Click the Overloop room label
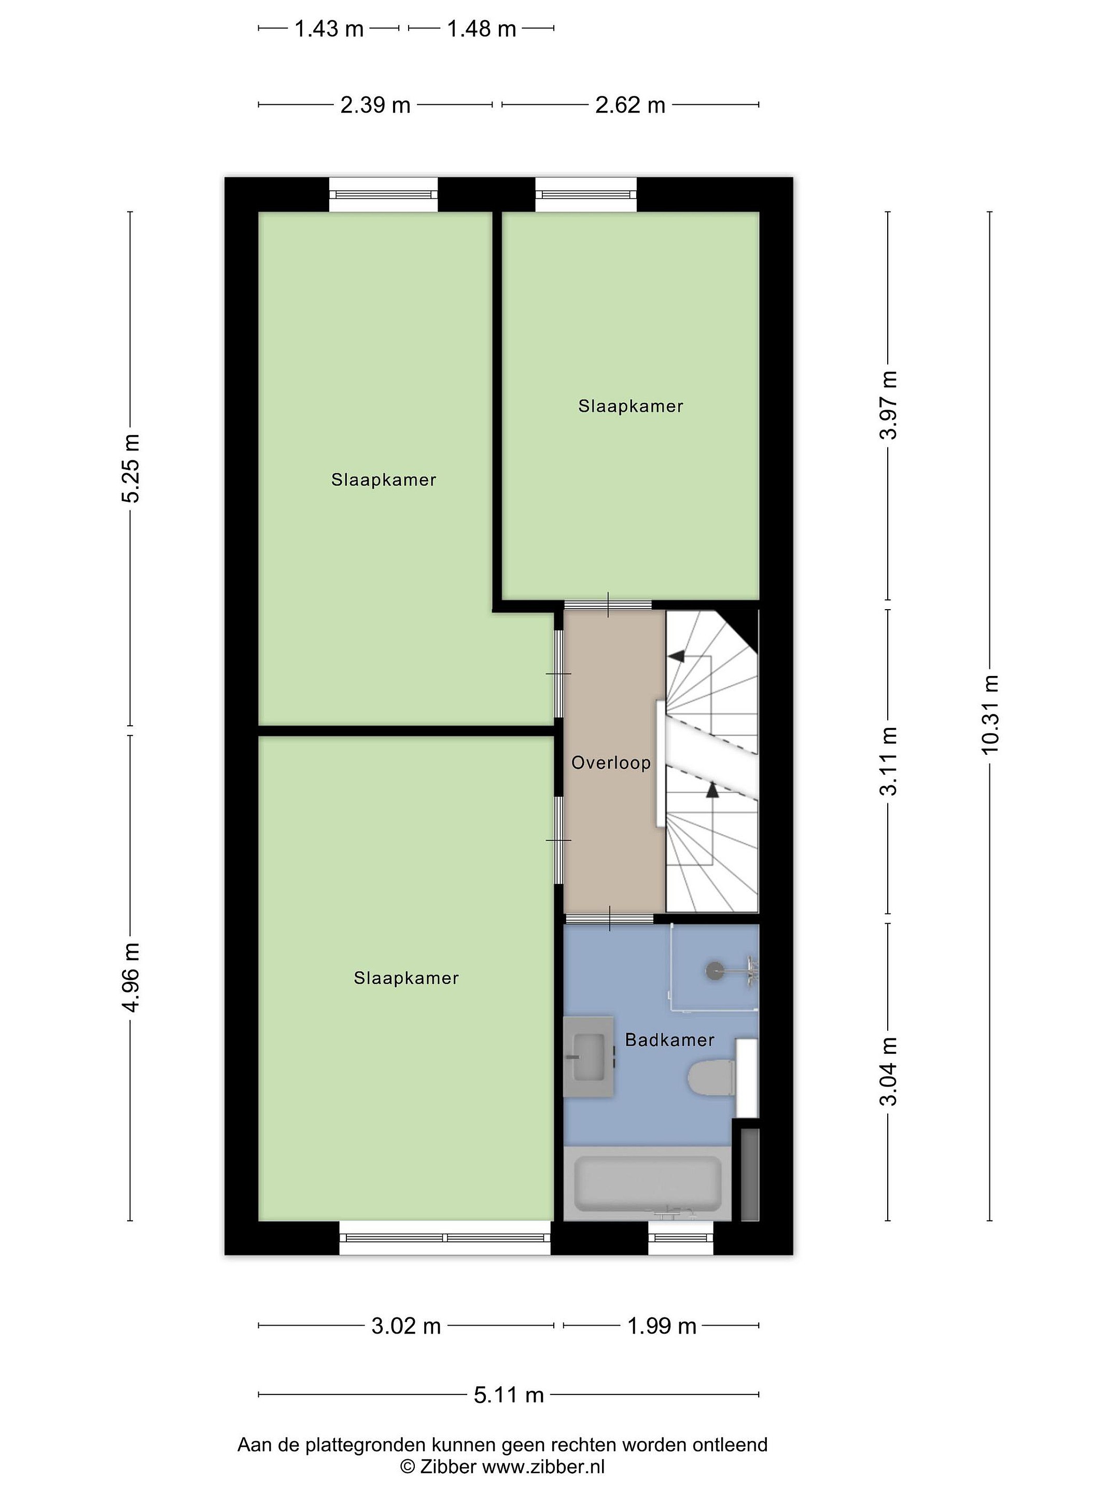click(x=610, y=764)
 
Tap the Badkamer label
click(x=669, y=1040)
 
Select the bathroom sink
click(x=589, y=1057)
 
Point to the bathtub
click(x=648, y=1184)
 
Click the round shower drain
click(x=713, y=971)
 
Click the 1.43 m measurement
click(x=329, y=29)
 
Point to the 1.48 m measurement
click(x=481, y=29)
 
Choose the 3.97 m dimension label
click(x=888, y=405)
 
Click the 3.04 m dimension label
click(x=888, y=1071)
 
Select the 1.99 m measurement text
click(x=662, y=1326)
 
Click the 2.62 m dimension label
click(x=630, y=105)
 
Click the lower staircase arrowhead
click(x=711, y=790)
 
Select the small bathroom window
click(x=680, y=1238)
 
